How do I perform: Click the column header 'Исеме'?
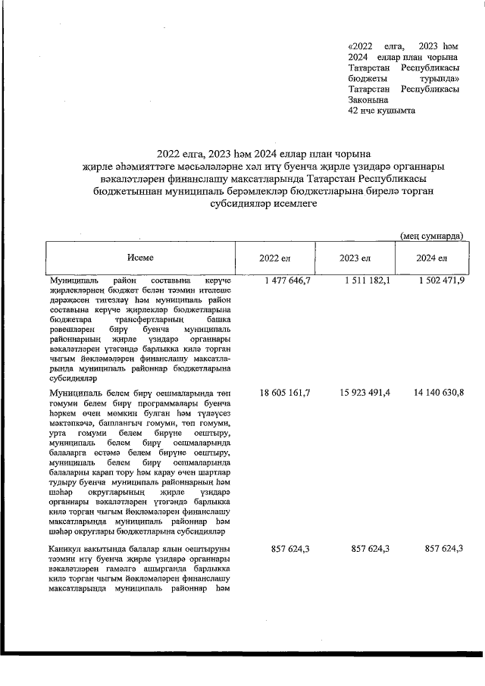coord(140,258)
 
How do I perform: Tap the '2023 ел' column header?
coord(354,259)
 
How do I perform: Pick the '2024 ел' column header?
coord(431,259)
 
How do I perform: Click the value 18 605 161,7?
coord(284,393)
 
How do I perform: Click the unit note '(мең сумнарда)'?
coord(431,236)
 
